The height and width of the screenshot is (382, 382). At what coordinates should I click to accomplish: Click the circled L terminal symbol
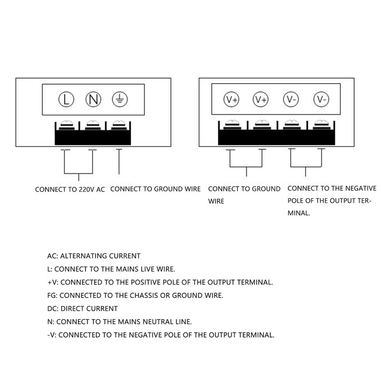(x=66, y=99)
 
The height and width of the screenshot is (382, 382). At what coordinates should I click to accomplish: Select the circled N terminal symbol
(x=93, y=99)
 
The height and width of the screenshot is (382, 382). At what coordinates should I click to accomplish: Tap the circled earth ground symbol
(x=120, y=99)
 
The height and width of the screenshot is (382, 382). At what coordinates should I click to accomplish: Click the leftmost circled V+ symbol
(x=232, y=99)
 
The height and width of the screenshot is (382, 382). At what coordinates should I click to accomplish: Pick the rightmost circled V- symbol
(x=321, y=99)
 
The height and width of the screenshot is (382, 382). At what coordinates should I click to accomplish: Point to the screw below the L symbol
(x=67, y=125)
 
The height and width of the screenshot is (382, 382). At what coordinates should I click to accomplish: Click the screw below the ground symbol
(x=119, y=125)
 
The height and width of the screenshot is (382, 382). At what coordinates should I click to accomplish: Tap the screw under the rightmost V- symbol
(x=322, y=125)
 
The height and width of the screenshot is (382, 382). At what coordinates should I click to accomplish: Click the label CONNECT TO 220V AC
(x=70, y=190)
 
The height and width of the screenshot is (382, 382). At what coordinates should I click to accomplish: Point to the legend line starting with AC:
(x=94, y=256)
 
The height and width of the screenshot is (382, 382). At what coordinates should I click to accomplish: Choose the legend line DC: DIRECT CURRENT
(x=82, y=308)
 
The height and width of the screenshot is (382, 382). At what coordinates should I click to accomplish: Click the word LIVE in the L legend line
(x=148, y=269)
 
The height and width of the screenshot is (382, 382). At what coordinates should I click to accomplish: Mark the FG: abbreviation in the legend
(x=53, y=296)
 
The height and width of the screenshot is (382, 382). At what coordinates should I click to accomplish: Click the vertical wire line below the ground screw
(x=119, y=161)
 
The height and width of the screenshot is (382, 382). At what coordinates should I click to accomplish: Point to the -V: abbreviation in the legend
(x=52, y=335)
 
